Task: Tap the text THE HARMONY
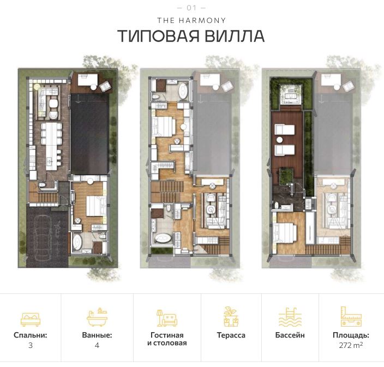191,20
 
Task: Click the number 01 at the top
191,8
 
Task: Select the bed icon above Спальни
31,317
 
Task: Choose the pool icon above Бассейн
290,317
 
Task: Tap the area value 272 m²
351,345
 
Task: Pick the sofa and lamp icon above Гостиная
167,317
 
